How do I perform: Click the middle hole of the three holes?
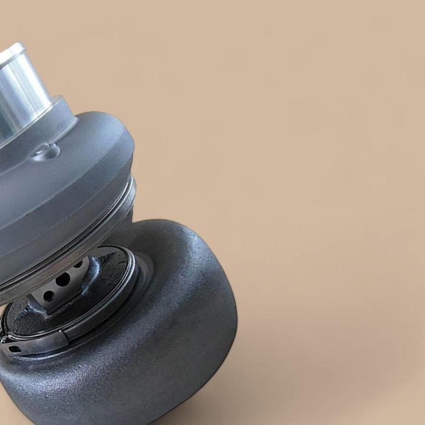point(63,280)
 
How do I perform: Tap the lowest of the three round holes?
point(49,296)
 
